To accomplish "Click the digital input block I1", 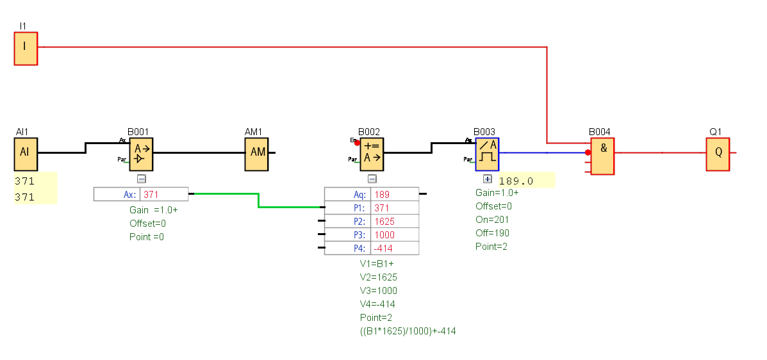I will coord(26,48).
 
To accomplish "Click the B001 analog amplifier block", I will coord(142,154).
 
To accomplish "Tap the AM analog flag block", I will coord(256,154).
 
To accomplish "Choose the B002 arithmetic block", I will coord(372,154).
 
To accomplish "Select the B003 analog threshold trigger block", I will coord(487,154).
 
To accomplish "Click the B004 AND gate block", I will coord(602,157).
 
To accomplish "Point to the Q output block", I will coord(718,154).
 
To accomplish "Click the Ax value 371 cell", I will coord(163,194).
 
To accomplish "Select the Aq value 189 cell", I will coord(394,194).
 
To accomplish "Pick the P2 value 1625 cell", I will coord(394,221).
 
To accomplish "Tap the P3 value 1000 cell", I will coord(394,234).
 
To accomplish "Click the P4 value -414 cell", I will coord(394,248).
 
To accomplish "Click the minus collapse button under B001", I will coord(142,179).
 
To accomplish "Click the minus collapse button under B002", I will coord(372,179).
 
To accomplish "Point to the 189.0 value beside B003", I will coord(516,181).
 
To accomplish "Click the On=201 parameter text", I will coord(493,220).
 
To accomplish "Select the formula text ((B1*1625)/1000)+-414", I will coord(408,331).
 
